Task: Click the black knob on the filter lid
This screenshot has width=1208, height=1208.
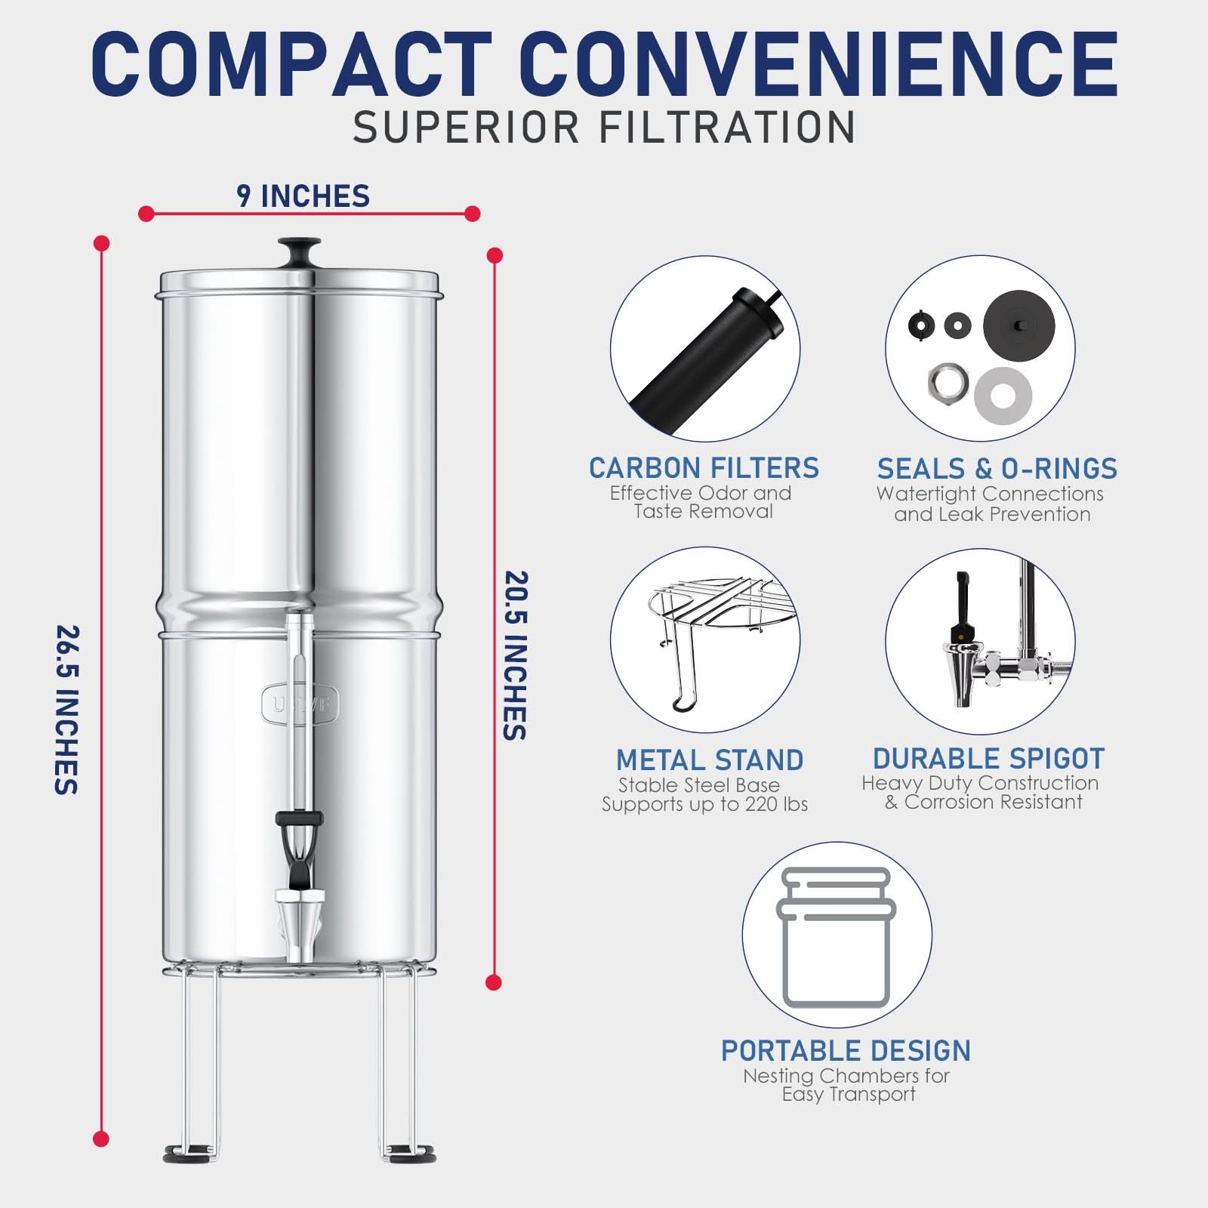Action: point(299,248)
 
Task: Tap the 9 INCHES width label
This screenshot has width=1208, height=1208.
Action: point(304,196)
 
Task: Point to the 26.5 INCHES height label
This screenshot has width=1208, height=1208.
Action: point(67,710)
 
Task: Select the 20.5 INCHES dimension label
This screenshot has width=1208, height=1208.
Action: point(516,655)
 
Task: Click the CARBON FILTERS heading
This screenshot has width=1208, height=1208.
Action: point(704,468)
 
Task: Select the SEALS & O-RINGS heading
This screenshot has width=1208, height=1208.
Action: point(997,469)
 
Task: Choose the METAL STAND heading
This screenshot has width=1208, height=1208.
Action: point(710,760)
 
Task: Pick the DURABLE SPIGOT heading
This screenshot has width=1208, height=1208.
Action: point(988,758)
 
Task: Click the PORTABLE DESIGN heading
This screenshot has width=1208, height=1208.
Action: point(846,1051)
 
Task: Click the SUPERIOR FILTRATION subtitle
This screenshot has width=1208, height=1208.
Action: point(604,127)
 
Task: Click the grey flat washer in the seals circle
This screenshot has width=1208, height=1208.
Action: point(1003,396)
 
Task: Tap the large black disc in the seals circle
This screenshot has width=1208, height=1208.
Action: point(1018,325)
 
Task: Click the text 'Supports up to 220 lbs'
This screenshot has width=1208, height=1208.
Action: point(704,805)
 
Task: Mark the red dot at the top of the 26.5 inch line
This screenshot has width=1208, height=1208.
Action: point(101,243)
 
